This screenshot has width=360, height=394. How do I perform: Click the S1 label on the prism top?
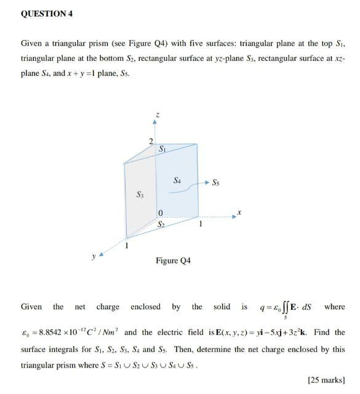(x=161, y=149)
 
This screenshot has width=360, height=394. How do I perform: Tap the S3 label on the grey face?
(x=140, y=195)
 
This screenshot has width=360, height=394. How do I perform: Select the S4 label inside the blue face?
(x=177, y=180)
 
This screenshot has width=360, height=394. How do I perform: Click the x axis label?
(x=242, y=213)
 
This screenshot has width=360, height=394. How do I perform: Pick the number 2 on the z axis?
(x=151, y=142)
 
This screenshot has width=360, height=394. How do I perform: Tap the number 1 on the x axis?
(x=198, y=225)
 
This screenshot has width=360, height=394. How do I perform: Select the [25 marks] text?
(x=328, y=380)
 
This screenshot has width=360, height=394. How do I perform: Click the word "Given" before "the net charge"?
(x=31, y=307)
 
